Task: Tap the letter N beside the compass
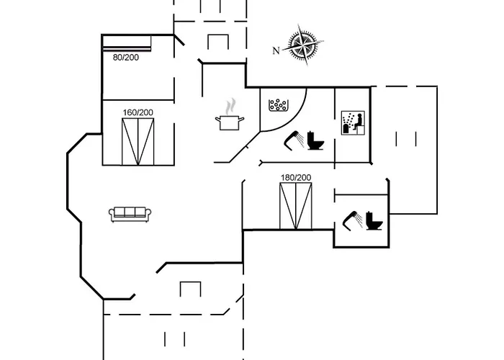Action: pyautogui.click(x=276, y=50)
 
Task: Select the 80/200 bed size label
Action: pyautogui.click(x=126, y=57)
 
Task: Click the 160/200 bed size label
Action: pyautogui.click(x=138, y=112)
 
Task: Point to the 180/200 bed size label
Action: pyautogui.click(x=296, y=177)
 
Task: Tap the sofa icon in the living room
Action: pyautogui.click(x=130, y=213)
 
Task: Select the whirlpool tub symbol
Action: pyautogui.click(x=278, y=106)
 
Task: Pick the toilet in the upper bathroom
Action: pyautogui.click(x=315, y=140)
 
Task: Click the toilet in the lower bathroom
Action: pyautogui.click(x=373, y=220)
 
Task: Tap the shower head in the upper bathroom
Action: pyautogui.click(x=293, y=138)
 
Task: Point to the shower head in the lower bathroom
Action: pyautogui.click(x=351, y=218)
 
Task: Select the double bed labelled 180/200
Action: pyautogui.click(x=297, y=206)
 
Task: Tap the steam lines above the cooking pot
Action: pyautogui.click(x=230, y=107)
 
